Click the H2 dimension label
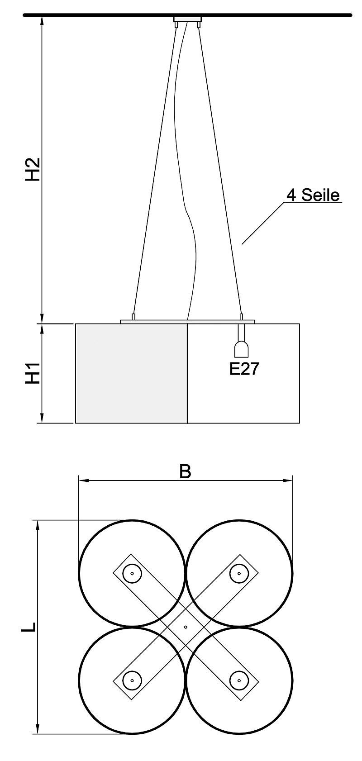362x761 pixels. pyautogui.click(x=33, y=170)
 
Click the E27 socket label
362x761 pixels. pyautogui.click(x=244, y=369)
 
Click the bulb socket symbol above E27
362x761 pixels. pyautogui.click(x=242, y=349)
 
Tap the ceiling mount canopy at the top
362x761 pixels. pyautogui.click(x=187, y=19)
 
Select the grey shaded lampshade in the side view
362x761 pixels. pyautogui.click(x=131, y=373)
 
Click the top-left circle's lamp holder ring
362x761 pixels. pyautogui.click(x=132, y=573)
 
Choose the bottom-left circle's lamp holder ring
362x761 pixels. pyautogui.click(x=132, y=680)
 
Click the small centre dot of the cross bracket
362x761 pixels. pyautogui.click(x=186, y=627)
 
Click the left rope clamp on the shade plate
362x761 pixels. pyautogui.click(x=133, y=317)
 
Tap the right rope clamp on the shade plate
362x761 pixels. pyautogui.click(x=241, y=317)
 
